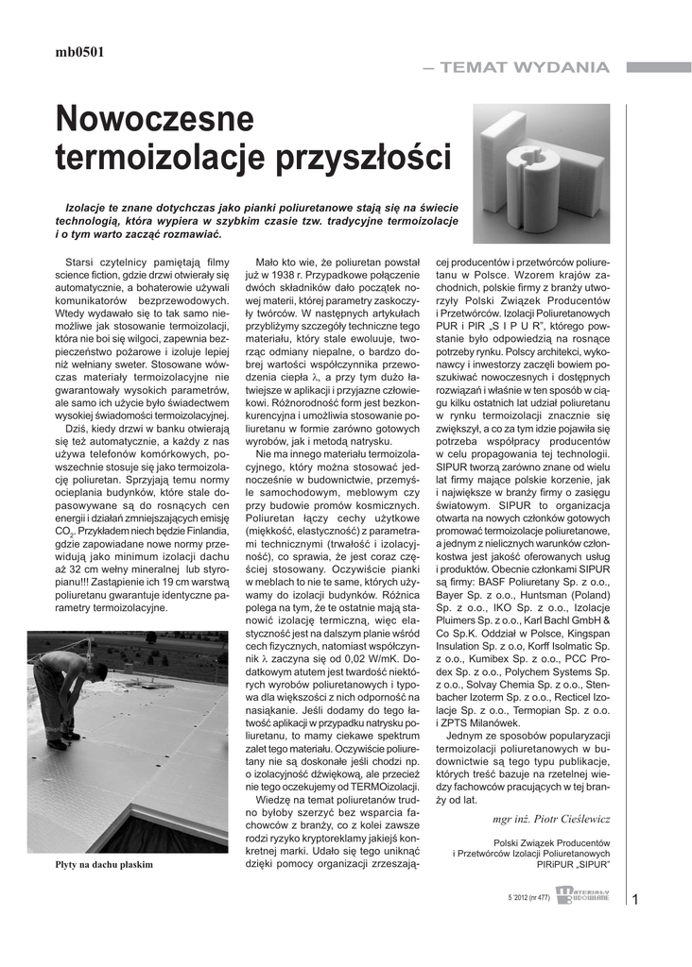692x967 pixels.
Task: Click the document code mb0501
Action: point(79,53)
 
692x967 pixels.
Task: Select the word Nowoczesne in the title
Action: point(155,120)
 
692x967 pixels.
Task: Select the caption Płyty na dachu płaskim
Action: point(103,863)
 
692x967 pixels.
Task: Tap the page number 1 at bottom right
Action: point(635,899)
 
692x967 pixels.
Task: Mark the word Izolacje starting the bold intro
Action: point(88,206)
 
